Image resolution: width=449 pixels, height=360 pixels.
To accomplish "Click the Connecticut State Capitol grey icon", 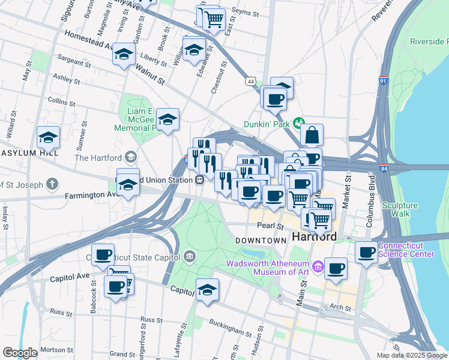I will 190,257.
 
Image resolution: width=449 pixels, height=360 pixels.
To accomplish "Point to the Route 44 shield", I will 250,80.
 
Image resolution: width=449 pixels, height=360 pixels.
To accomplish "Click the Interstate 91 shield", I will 384,80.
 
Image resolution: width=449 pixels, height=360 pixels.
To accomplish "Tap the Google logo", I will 20,353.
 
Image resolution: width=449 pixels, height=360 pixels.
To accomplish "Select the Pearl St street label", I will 271,227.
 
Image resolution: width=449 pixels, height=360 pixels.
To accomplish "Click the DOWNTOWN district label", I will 260,240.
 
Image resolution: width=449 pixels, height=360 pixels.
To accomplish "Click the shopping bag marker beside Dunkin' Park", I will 312,135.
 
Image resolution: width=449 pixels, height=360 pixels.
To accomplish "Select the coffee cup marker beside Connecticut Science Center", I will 366,252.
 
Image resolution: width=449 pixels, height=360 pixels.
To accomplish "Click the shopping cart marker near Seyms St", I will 213,20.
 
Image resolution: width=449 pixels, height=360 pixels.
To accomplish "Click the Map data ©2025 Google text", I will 412,355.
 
